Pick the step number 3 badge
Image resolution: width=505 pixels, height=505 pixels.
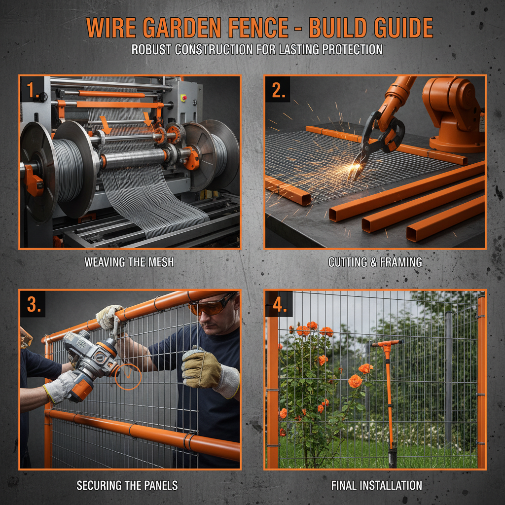point(33,304)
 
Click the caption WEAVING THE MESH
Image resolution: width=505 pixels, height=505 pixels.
point(129,262)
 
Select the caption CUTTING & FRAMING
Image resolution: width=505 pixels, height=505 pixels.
point(375,262)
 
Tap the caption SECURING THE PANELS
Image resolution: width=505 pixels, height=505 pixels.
point(127,486)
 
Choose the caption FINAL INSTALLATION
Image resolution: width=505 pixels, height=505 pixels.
point(376,486)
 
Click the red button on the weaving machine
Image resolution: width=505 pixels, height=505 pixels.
point(183,98)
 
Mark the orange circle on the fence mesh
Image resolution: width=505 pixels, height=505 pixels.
point(128,377)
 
